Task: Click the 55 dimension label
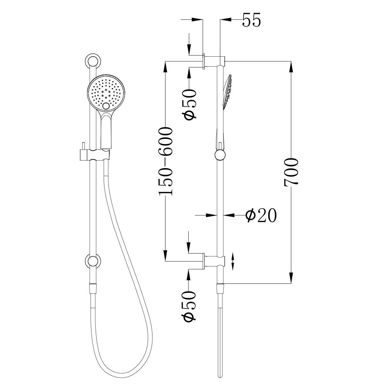click(252, 20)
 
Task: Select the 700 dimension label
click(291, 172)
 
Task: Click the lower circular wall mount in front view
click(92, 261)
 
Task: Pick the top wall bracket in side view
click(214, 60)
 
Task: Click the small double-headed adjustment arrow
click(233, 261)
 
